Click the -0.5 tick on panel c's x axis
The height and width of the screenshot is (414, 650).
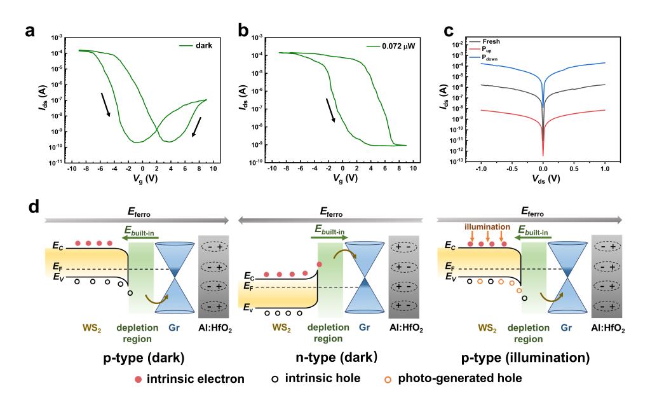pyautogui.click(x=511, y=170)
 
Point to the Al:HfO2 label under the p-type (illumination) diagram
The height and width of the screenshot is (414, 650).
pyautogui.click(x=613, y=328)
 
